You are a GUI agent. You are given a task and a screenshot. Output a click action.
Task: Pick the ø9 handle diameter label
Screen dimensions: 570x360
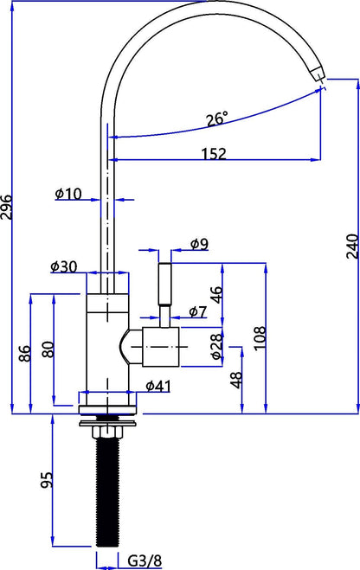[198, 245]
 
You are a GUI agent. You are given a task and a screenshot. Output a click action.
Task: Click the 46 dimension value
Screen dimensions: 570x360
[216, 292]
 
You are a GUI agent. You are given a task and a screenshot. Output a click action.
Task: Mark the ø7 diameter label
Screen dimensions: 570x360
[196, 311]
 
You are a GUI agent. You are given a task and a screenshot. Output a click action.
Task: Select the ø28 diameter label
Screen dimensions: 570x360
[216, 345]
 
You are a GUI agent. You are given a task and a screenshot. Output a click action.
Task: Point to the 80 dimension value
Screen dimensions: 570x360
[48, 351]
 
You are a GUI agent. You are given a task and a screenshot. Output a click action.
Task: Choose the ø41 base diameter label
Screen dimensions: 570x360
[157, 385]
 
